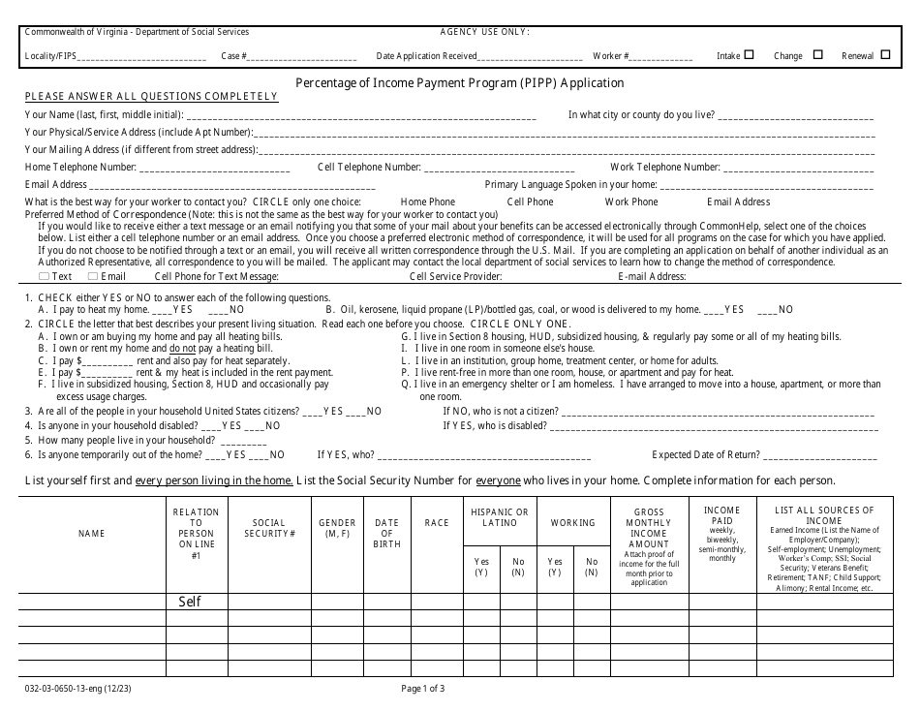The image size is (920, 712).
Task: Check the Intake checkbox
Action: click(749, 55)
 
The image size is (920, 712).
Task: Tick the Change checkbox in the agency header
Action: click(817, 55)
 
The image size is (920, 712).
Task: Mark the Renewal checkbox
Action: click(885, 55)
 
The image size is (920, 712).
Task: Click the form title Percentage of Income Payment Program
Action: click(459, 82)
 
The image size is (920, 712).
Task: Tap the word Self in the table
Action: click(190, 601)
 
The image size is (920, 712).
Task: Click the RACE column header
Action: click(437, 523)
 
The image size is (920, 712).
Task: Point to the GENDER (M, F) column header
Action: click(337, 528)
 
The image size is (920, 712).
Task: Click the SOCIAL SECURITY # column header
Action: click(269, 528)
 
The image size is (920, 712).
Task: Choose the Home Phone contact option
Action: click(427, 201)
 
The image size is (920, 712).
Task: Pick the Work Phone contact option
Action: click(630, 201)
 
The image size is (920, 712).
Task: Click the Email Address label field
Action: click(55, 184)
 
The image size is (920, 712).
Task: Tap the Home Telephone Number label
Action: click(80, 167)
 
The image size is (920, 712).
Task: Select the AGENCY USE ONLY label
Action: click(484, 32)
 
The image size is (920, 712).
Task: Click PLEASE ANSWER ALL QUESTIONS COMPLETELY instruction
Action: click(151, 97)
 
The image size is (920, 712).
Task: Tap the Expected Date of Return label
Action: click(705, 454)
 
